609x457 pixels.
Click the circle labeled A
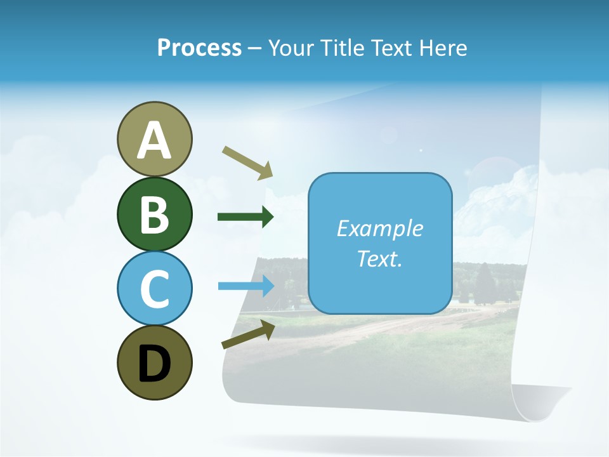click(x=154, y=139)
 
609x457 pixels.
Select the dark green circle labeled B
click(x=154, y=214)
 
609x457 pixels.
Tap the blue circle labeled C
click(x=154, y=288)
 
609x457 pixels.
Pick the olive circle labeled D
click(x=154, y=362)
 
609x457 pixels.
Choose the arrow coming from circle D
click(x=248, y=334)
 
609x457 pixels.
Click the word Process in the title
click(x=199, y=48)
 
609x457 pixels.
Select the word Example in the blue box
click(x=379, y=228)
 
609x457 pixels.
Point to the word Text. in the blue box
click(x=379, y=259)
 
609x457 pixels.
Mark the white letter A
click(x=154, y=140)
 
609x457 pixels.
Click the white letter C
click(x=154, y=289)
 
